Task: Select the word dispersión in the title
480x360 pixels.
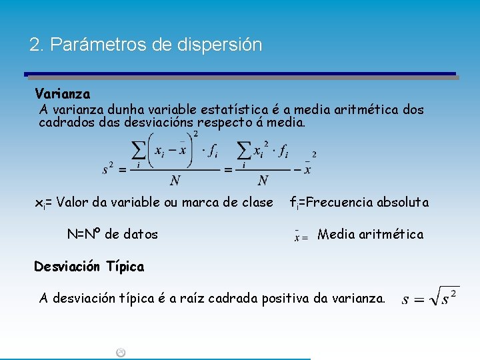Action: [x=220, y=45]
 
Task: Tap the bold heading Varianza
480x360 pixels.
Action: [x=63, y=94]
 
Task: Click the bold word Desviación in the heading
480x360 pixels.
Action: [x=69, y=267]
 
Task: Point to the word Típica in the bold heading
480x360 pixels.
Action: [x=125, y=267]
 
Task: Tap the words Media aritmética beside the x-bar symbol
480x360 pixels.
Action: [x=370, y=234]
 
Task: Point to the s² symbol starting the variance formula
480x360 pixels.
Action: [x=108, y=169]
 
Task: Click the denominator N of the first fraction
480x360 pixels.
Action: [x=175, y=181]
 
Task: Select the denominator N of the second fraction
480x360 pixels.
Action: [x=263, y=181]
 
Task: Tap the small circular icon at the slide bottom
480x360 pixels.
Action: [x=121, y=353]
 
